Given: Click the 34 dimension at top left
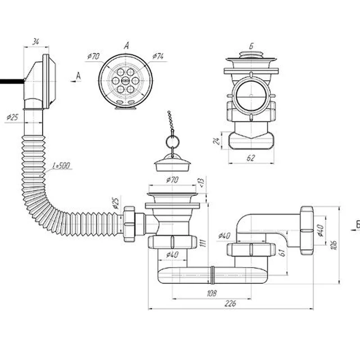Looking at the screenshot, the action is click(x=36, y=42).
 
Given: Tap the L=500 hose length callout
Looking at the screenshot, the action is click(x=61, y=165).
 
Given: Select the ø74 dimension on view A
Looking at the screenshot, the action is click(x=158, y=56).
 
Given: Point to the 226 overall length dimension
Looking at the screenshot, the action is click(x=230, y=303).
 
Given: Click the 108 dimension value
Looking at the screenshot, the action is click(x=211, y=293).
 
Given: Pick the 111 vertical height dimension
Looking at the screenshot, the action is click(x=202, y=243).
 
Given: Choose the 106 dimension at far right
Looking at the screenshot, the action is click(x=334, y=245).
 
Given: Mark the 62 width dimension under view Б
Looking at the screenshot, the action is click(x=251, y=158).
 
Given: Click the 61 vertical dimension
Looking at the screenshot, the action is click(x=283, y=252).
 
